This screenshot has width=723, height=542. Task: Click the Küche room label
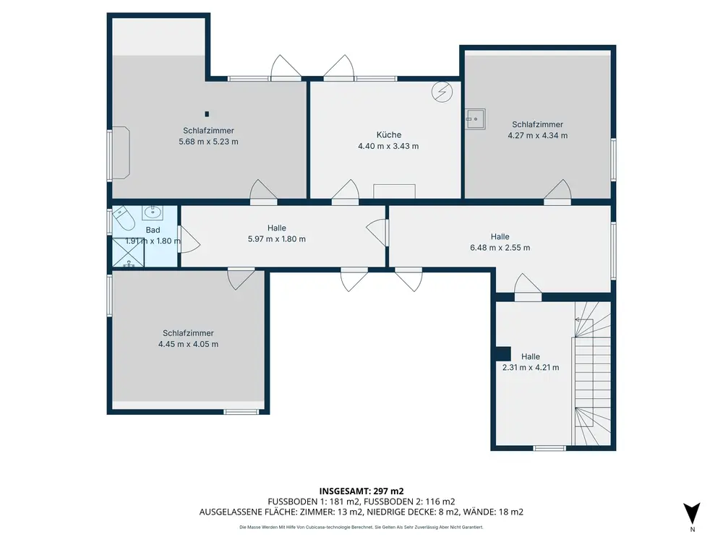389,134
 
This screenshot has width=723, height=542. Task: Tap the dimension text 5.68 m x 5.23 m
208,142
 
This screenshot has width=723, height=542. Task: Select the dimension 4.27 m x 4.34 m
538,136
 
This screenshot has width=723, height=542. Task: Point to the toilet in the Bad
123,218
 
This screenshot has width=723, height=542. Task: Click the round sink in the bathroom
152,212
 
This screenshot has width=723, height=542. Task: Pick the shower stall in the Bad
129,252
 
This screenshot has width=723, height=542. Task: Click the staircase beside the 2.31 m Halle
592,374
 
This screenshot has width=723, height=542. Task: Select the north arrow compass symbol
692,514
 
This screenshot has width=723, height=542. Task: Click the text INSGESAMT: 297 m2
361,491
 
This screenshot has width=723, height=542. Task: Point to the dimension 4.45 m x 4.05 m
188,344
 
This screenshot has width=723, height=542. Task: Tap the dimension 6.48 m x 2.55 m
500,247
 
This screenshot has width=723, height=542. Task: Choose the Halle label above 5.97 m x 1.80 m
277,228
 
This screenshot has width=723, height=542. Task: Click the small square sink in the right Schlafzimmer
475,119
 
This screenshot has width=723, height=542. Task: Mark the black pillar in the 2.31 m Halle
503,354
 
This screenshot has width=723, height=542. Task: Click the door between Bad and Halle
189,238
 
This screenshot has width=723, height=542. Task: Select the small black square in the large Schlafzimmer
207,114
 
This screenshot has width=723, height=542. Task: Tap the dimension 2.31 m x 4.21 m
531,367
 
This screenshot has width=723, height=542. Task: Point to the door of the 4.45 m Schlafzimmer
241,278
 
